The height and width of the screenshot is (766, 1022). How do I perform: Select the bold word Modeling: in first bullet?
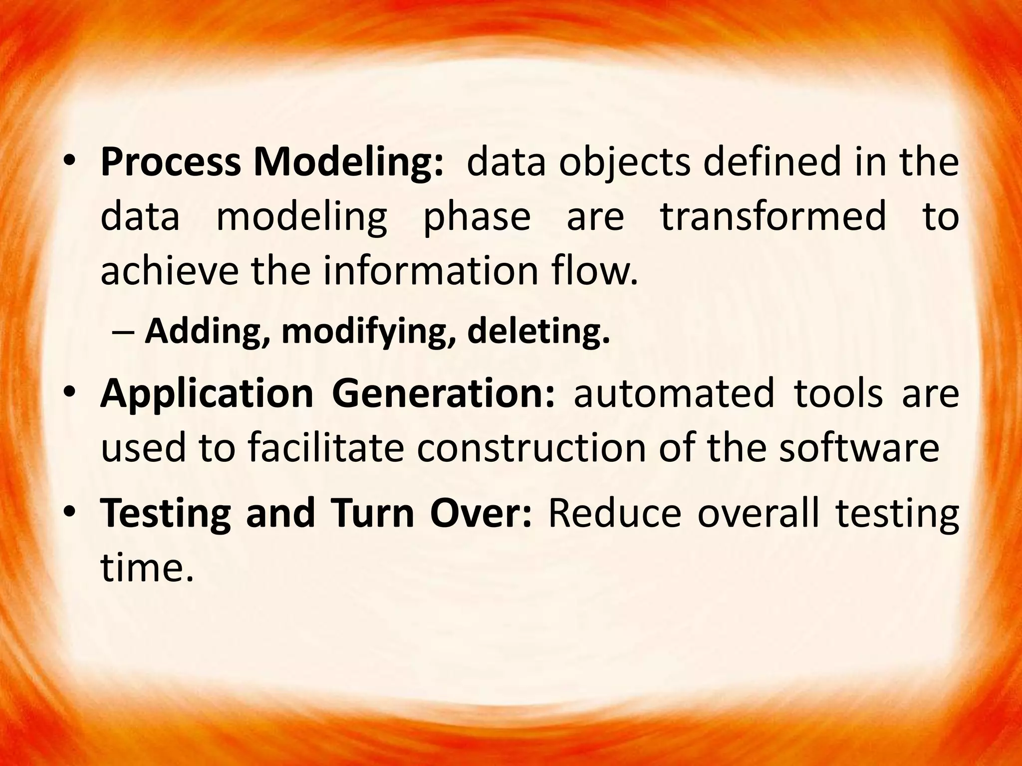click(348, 164)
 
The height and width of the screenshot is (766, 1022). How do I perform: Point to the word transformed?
click(773, 217)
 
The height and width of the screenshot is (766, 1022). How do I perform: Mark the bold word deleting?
click(538, 331)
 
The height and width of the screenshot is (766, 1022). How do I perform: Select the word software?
click(859, 448)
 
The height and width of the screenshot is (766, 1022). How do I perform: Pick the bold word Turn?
click(372, 514)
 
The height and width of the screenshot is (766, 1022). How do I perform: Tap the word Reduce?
click(614, 514)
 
